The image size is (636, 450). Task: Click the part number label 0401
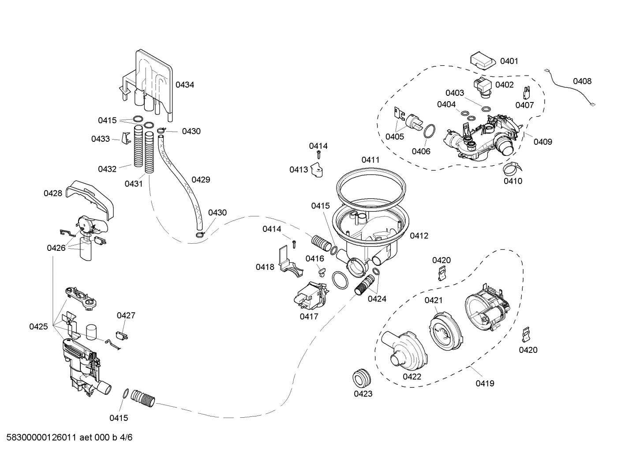(509, 61)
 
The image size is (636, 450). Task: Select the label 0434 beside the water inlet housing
(185, 84)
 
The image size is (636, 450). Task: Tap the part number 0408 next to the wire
(582, 81)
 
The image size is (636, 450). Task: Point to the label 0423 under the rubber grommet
(363, 393)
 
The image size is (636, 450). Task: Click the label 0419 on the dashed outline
(485, 383)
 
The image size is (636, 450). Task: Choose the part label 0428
(53, 193)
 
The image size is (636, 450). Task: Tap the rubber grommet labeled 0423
(363, 378)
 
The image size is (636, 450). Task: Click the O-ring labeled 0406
(430, 132)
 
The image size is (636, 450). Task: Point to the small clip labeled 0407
(526, 93)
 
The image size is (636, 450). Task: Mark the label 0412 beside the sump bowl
(419, 236)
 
